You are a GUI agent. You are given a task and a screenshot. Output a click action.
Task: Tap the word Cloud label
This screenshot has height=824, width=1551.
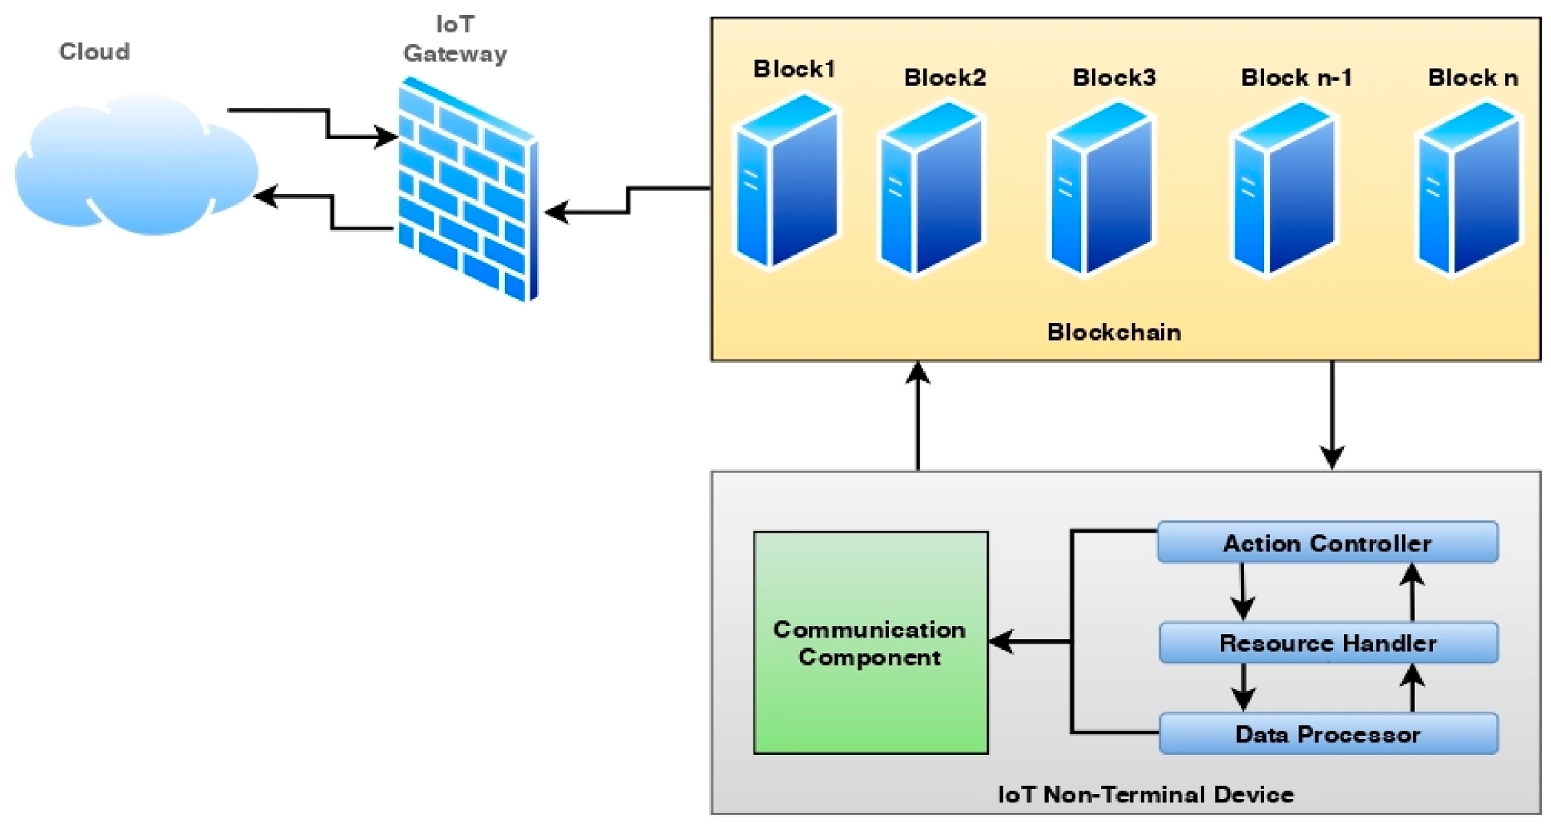94,52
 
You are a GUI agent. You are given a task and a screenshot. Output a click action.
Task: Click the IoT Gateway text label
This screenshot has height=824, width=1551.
455,39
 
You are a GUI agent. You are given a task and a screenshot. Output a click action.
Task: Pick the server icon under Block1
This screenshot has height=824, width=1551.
787,181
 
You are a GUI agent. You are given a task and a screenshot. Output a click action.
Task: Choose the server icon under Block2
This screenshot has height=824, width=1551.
931,188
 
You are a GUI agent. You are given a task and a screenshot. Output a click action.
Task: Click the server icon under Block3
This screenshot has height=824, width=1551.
1102,188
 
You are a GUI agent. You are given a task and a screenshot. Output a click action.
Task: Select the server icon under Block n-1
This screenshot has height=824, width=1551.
1284,188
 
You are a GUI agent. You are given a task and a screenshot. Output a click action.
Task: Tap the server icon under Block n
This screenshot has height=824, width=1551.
1469,188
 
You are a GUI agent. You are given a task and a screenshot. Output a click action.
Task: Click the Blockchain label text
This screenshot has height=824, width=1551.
1114,332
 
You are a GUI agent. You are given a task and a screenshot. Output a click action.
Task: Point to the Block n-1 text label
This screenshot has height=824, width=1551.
1296,78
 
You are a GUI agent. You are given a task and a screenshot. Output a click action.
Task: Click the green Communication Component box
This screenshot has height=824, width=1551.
870,643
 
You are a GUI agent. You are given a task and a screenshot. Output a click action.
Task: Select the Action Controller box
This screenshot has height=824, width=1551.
1327,544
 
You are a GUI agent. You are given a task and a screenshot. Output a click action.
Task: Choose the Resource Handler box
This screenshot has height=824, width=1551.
1327,643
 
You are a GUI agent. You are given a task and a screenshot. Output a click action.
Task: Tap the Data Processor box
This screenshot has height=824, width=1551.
1327,734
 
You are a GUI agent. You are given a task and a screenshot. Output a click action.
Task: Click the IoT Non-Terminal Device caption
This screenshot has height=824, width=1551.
1145,795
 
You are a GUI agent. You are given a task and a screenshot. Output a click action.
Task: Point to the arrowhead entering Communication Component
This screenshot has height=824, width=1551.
1001,642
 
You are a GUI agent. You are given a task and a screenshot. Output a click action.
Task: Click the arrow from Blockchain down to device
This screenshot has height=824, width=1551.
1332,416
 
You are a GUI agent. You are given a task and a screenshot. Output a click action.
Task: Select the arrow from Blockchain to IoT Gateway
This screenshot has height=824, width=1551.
629,200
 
